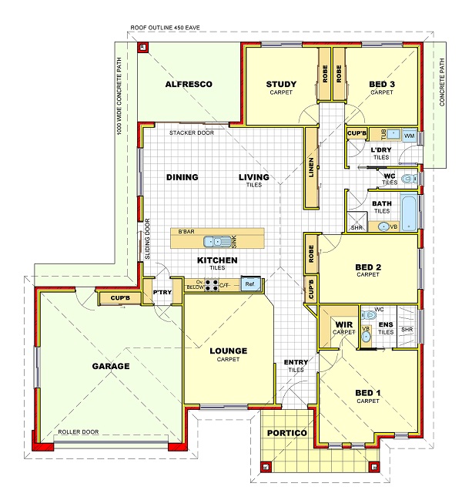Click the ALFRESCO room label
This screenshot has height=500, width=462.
pos(189,84)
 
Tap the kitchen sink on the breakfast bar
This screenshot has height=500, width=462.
pos(217,241)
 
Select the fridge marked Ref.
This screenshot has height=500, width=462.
pos(250,284)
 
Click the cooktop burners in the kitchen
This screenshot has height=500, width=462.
pos(211,285)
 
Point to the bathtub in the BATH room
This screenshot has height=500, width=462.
pos(408,213)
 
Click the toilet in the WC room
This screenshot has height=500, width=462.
pos(409,179)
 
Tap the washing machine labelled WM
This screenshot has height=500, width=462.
pos(409,136)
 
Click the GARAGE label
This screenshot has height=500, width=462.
pos(111,366)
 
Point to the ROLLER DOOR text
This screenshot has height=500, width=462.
pos(79,431)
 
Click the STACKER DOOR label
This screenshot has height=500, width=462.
pos(192,133)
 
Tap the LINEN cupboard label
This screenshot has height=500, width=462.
pos(311,167)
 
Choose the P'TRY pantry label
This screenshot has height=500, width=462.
pos(162,292)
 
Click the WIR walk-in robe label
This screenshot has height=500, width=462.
pos(344,324)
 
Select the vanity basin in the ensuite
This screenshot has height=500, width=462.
pos(366,336)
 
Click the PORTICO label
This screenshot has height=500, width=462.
pos(287,433)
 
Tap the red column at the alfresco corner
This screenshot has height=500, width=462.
pos(143,48)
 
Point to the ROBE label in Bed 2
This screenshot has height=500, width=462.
pos(311,253)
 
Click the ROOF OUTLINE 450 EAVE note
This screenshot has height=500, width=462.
pos(165,28)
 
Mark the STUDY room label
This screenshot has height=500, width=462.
pos(281,84)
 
